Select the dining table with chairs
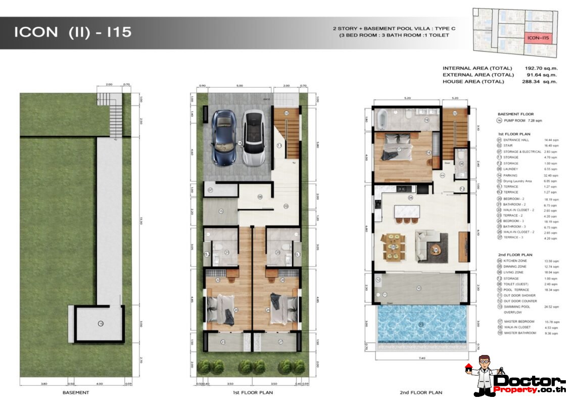pos(393,247)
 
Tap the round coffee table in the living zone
pos(436,249)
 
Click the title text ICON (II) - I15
pos(73,32)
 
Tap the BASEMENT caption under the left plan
pos(76,392)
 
